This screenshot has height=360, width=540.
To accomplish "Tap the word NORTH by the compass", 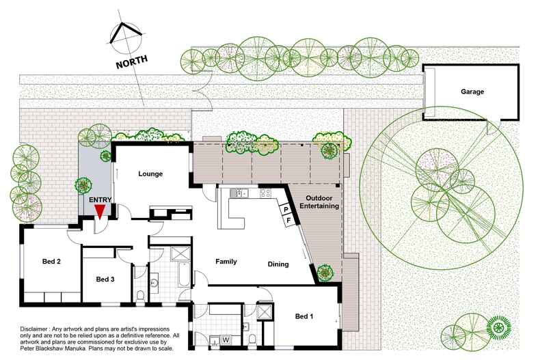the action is [132, 61].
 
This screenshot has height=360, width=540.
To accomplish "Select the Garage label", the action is [472, 92].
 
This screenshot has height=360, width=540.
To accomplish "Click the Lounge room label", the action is [150, 174].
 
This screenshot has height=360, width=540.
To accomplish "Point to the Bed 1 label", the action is [304, 316].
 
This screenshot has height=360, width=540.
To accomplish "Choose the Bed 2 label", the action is [51, 262].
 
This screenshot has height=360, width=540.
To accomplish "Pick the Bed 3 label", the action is [105, 279].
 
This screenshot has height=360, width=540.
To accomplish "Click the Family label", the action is [226, 262].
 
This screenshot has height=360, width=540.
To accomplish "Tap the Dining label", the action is [278, 264].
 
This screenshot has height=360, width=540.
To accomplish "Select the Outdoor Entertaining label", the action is [319, 202].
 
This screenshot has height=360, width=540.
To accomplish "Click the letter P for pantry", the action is [286, 210].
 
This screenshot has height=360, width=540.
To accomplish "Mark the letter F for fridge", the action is [289, 220].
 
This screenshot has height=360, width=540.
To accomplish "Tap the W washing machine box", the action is [226, 340].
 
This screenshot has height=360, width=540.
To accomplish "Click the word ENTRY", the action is [100, 199].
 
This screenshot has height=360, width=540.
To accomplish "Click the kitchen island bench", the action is [231, 213].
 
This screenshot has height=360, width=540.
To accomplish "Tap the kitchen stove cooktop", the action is [265, 193].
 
